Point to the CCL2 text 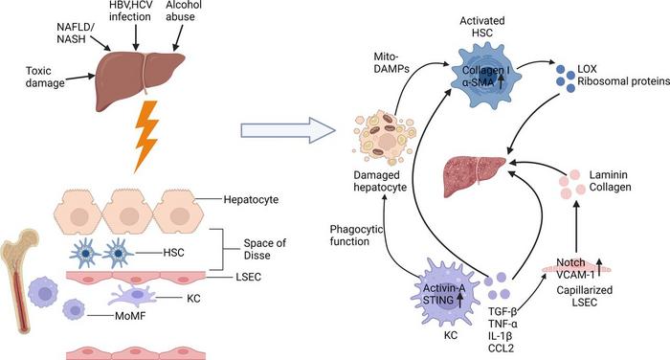[499, 350]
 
